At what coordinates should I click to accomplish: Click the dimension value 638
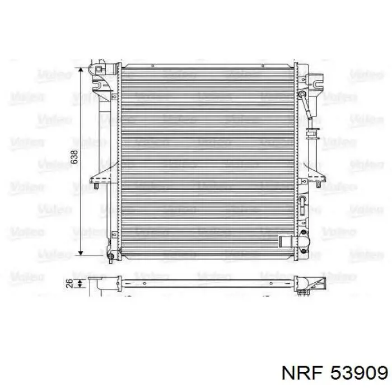point(74,158)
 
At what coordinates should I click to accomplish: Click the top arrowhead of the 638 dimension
point(82,71)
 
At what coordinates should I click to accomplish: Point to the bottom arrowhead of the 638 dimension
point(82,253)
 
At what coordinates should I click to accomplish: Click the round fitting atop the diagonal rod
point(304,94)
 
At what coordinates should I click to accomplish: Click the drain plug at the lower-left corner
point(111,257)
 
